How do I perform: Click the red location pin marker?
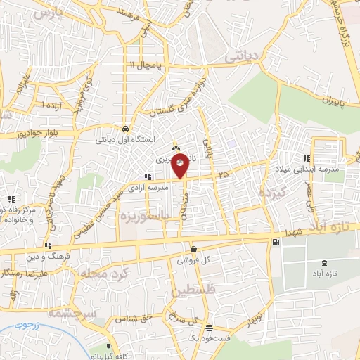[180, 165]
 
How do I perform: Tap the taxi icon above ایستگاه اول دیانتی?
[124, 129]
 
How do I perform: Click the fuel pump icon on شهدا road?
[274, 243]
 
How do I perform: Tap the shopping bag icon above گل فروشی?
[193, 249]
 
